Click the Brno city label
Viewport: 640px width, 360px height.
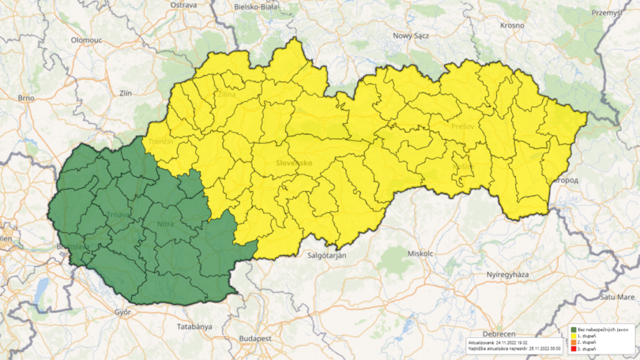point(26,98)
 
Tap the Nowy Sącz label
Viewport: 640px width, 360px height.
point(411,36)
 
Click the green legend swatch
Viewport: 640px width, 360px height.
point(573,329)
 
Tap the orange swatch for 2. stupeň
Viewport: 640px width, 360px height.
point(573,342)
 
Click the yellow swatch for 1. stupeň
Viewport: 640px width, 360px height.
point(573,335)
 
